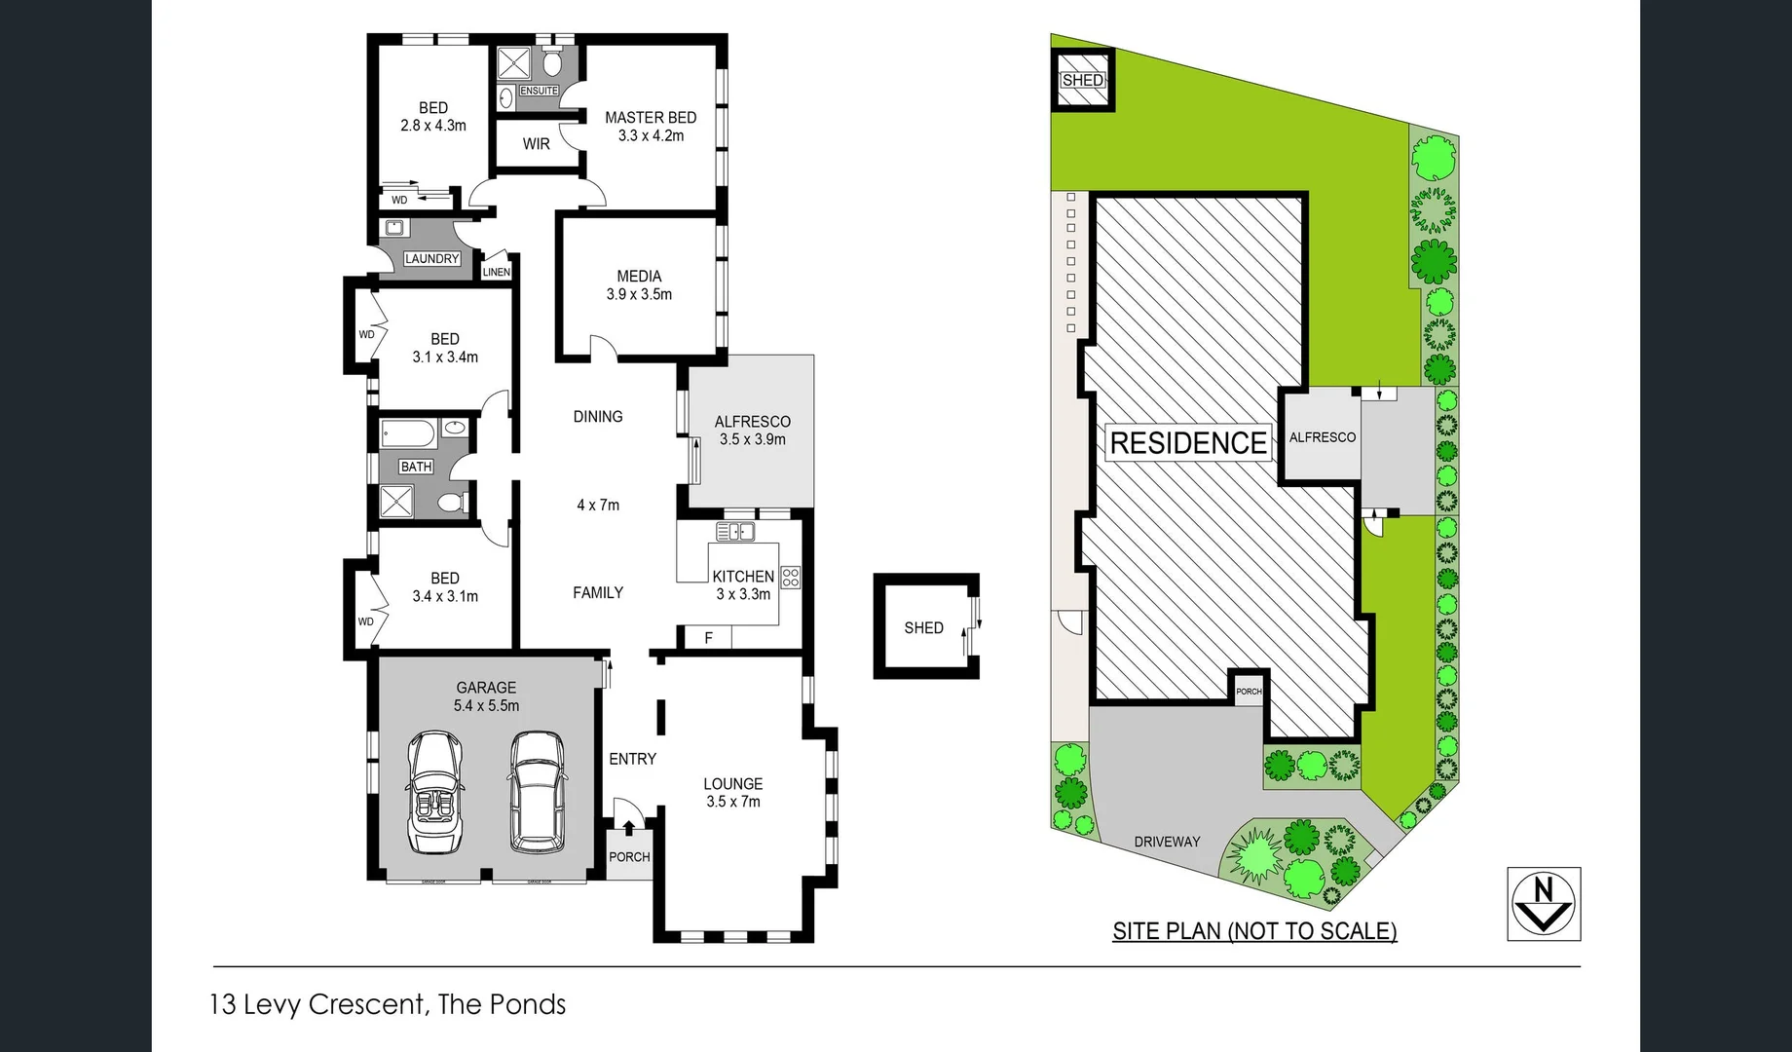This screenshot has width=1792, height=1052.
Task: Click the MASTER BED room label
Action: [650, 118]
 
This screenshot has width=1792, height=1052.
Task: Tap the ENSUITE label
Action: [539, 91]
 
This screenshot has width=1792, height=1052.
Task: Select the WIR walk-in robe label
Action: [536, 144]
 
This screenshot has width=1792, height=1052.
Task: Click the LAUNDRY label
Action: [431, 259]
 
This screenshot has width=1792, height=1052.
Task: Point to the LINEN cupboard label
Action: [496, 272]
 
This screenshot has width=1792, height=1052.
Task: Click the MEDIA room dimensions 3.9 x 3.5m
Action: [639, 294]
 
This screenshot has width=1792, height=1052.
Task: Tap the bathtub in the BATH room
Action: [407, 432]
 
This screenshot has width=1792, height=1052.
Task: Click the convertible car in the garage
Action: [434, 791]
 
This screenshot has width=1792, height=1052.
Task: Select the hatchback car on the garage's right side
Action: [536, 791]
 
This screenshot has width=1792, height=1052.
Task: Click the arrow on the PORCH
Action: [628, 828]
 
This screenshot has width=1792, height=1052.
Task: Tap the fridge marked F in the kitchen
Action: [708, 638]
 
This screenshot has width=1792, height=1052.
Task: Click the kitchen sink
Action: [735, 532]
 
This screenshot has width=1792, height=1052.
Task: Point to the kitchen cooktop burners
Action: [790, 577]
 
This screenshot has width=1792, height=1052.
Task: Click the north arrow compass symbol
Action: [1544, 903]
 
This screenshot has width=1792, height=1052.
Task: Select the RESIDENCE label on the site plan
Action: [1188, 443]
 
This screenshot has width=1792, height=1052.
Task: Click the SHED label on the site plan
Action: [1082, 80]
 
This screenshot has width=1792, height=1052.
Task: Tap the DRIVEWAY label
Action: [1167, 842]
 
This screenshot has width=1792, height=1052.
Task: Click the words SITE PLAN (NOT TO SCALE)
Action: [1254, 931]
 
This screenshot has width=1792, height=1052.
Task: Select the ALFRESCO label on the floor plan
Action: [752, 422]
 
